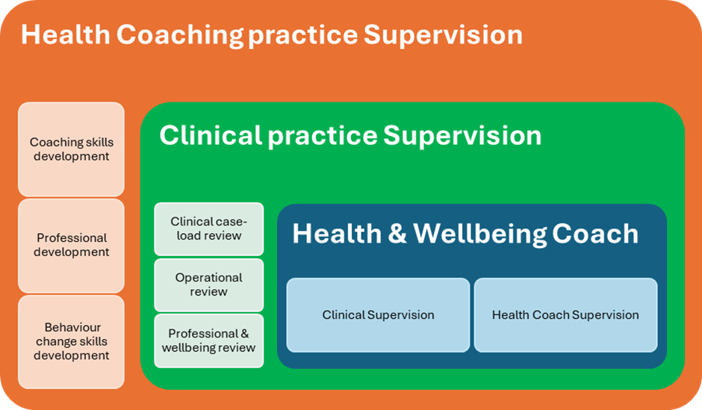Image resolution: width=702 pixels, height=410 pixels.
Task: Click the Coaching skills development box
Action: [71, 149]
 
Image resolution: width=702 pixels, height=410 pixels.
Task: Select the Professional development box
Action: [71, 245]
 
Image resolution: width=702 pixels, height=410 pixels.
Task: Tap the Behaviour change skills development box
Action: [71, 341]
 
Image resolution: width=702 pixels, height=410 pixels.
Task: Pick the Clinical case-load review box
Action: [208, 229]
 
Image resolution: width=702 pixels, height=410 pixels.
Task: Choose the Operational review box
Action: [208, 285]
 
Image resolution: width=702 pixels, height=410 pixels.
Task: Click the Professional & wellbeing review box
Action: [208, 341]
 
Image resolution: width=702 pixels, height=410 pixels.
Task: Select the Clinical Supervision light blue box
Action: [378, 314]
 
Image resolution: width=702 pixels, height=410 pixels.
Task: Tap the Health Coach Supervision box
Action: [565, 314]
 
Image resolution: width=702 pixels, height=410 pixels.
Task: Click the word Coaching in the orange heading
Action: [180, 36]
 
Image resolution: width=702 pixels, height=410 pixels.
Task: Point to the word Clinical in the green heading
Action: [211, 135]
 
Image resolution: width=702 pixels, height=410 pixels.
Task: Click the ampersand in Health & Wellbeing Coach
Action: [397, 234]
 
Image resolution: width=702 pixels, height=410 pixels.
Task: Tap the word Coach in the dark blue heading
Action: [595, 234]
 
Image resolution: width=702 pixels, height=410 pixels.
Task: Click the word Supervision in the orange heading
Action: [443, 35]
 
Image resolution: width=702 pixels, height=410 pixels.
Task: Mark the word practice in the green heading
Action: [323, 137]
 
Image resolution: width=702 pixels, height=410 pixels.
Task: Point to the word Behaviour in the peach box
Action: [72, 327]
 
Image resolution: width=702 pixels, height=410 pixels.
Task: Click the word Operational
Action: [208, 278]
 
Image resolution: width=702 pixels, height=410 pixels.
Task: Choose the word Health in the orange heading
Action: [66, 34]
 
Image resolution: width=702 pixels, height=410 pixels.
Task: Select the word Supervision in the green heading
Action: [462, 136]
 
